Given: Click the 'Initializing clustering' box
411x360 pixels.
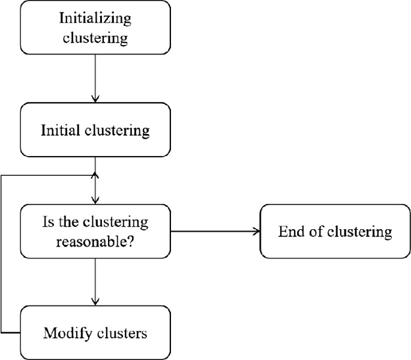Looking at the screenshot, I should pyautogui.click(x=95, y=28).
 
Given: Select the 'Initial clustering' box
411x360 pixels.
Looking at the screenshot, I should pyautogui.click(x=95, y=130).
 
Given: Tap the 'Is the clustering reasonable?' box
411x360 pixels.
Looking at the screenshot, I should pyautogui.click(x=95, y=232).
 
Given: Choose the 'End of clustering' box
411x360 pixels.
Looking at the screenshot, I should pyautogui.click(x=335, y=232).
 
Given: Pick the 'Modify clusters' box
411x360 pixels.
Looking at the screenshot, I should pyautogui.click(x=95, y=332).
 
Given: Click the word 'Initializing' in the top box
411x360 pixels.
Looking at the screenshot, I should pyautogui.click(x=95, y=18).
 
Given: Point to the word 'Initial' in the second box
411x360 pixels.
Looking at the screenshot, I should pyautogui.click(x=61, y=131).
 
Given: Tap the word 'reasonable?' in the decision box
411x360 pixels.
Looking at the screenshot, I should pyautogui.click(x=95, y=242).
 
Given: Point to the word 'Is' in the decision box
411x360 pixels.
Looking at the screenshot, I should pyautogui.click(x=49, y=222).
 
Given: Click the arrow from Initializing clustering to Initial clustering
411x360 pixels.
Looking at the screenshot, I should pyautogui.click(x=95, y=78).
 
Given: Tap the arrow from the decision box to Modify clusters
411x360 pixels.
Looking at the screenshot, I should pyautogui.click(x=95, y=282).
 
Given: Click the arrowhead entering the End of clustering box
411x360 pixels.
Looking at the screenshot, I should pyautogui.click(x=256, y=232).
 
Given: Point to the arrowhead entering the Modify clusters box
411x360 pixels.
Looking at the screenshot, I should pyautogui.click(x=95, y=302).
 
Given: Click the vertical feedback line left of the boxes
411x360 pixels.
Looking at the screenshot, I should pyautogui.click(x=2, y=252).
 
